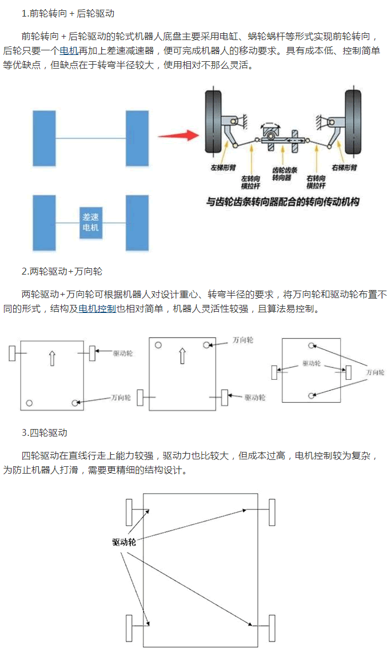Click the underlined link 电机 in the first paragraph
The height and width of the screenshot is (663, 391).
(69, 50)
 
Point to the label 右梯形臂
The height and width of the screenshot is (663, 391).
(344, 168)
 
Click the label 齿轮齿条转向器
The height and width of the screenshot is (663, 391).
(281, 174)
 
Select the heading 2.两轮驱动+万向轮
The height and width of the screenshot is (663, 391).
(62, 271)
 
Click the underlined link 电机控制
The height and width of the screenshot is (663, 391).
(97, 309)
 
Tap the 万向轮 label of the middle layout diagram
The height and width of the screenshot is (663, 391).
(243, 340)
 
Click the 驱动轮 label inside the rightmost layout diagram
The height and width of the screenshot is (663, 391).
(312, 363)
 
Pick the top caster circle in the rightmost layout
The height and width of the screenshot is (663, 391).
(312, 346)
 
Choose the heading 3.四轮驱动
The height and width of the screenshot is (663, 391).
(45, 432)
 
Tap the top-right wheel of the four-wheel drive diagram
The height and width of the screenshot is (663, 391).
(272, 512)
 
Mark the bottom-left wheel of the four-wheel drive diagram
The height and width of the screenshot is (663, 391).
(129, 629)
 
